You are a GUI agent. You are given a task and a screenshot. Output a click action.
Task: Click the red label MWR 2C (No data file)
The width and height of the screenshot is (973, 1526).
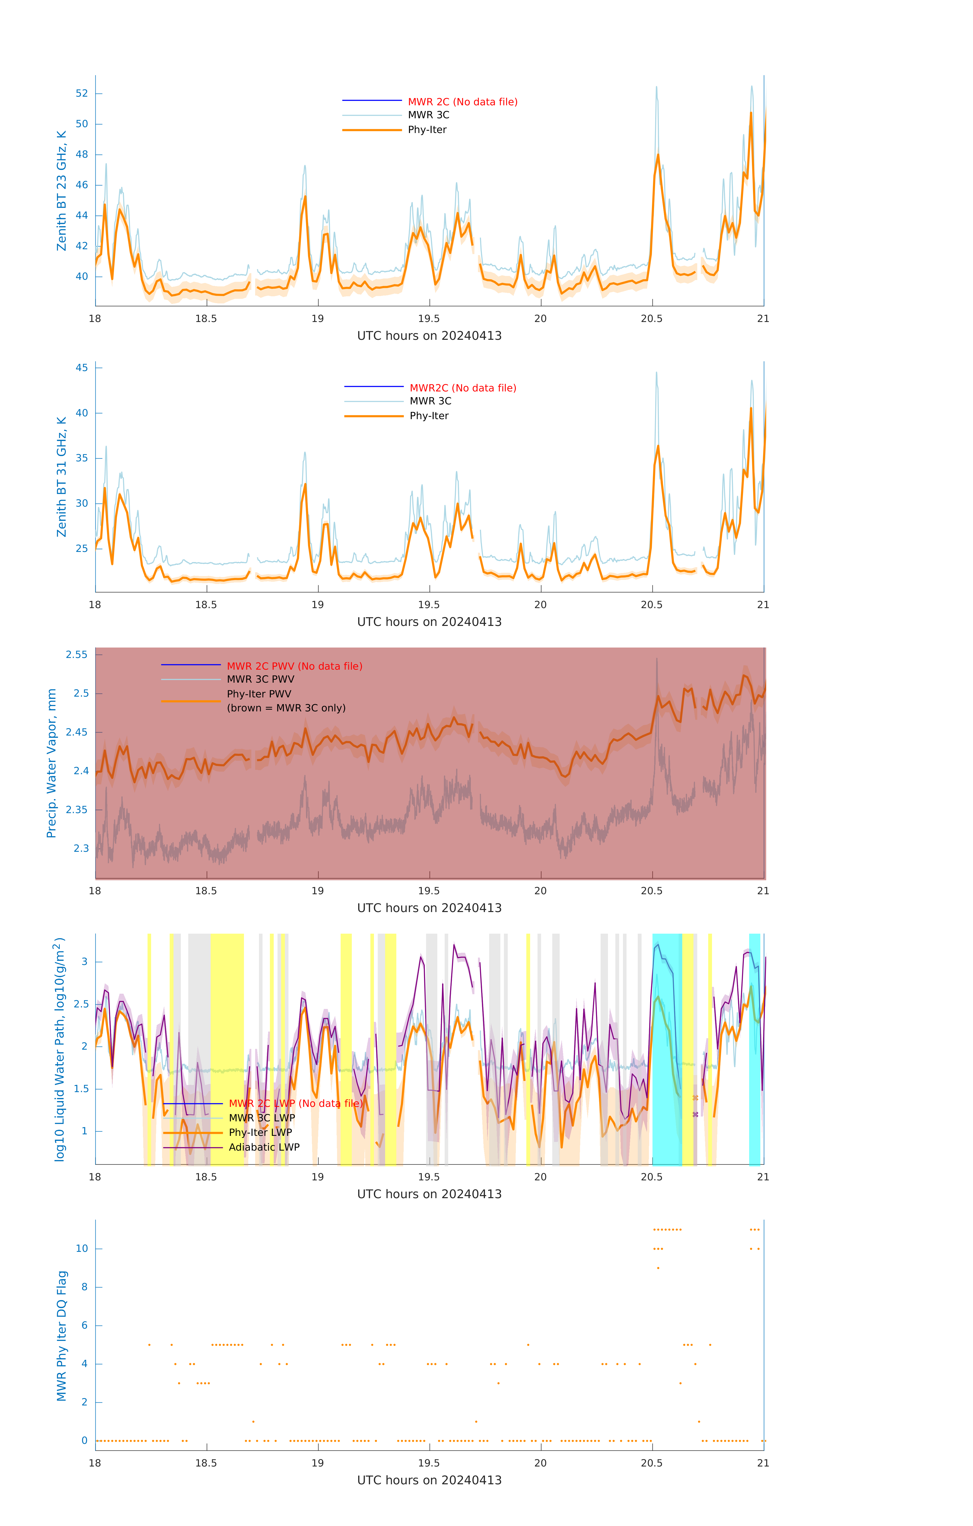(462, 102)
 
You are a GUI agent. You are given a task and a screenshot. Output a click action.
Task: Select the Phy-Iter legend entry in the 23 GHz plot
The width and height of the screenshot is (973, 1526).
(427, 130)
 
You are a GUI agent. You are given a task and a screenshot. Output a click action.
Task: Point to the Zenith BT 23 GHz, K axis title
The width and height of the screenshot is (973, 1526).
(62, 191)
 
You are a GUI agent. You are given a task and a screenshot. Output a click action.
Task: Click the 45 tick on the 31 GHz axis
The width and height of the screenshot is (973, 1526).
(82, 368)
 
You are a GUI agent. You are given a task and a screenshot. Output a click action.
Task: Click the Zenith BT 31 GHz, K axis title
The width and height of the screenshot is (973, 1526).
(62, 477)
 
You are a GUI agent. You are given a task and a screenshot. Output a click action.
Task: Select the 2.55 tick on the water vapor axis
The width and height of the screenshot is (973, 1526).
(77, 655)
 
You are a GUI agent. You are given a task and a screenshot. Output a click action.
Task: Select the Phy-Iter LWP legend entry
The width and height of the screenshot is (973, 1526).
(260, 1133)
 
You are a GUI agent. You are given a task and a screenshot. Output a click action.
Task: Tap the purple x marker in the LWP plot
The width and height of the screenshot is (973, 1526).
(695, 1114)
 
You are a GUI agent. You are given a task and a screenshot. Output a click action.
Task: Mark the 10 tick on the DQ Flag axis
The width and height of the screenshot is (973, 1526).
(82, 1249)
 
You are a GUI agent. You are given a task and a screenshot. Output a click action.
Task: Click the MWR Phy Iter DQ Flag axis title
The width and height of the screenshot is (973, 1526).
(62, 1336)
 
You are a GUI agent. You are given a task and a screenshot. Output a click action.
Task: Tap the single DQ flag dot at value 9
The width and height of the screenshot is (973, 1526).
(658, 1268)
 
